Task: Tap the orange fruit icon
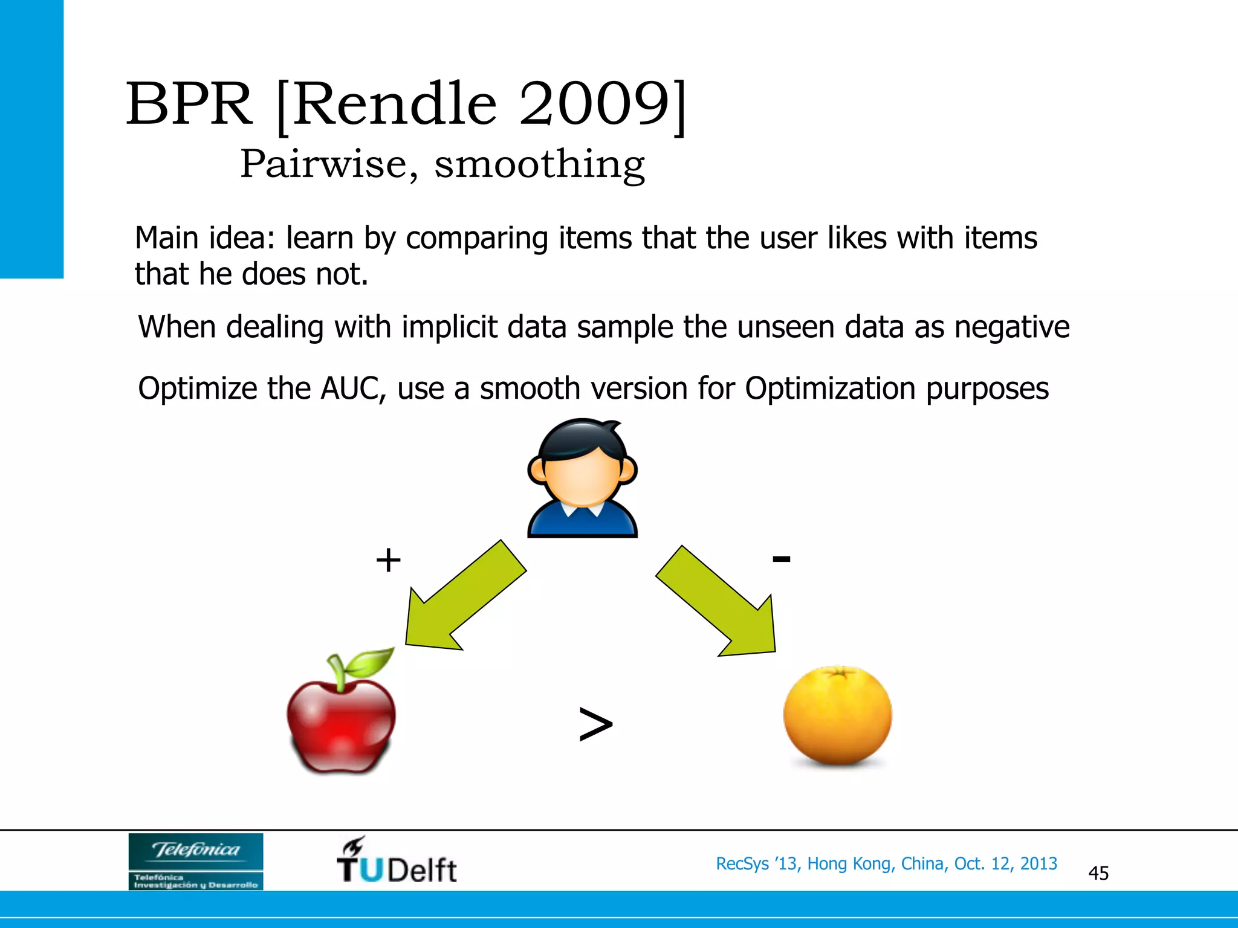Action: pos(837,716)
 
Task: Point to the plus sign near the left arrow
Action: pos(388,560)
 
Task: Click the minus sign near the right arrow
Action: pos(781,559)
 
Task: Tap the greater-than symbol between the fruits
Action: pos(595,724)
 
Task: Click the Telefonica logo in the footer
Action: pos(196,861)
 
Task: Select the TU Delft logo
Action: pos(397,861)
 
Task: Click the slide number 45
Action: pos(1098,873)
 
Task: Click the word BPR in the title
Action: pos(189,104)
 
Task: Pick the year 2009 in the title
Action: pos(595,104)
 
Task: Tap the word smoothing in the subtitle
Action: pos(540,164)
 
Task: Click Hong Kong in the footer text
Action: pos(848,864)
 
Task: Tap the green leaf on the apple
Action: pos(370,663)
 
